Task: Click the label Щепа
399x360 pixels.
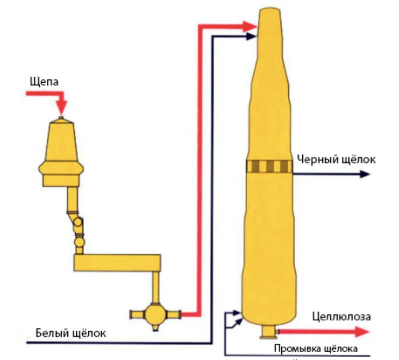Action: tap(44, 82)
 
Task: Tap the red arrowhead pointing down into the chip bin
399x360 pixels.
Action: tap(61, 108)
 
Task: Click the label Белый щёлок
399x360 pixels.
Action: tap(71, 333)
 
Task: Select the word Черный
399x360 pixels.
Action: tap(317, 159)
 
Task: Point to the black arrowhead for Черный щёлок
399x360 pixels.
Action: tap(364, 174)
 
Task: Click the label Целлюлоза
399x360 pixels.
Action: tap(342, 317)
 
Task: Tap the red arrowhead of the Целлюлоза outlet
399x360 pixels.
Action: tap(362, 332)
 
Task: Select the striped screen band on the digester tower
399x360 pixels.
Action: tap(270, 166)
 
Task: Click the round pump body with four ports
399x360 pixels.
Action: tap(155, 315)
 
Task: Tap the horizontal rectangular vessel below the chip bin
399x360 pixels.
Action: tap(117, 262)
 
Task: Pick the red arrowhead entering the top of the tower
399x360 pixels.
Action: tap(249, 27)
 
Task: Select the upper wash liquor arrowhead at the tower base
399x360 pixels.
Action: tap(237, 312)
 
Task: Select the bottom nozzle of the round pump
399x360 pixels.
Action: tap(155, 327)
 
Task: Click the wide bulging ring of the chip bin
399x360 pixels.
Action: tap(61, 168)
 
